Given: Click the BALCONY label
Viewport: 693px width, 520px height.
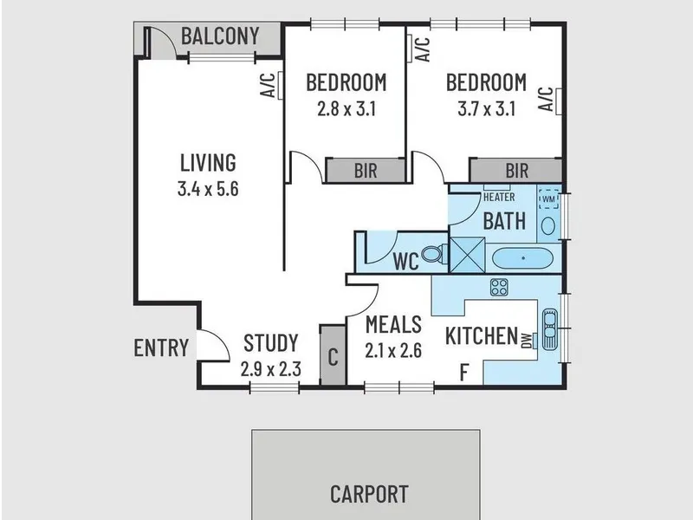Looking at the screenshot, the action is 220,36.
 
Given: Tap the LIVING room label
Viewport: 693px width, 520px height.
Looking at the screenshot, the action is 208,162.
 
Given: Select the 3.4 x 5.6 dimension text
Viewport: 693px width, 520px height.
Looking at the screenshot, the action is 208,189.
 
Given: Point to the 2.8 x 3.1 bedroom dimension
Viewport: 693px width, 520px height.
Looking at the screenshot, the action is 346,108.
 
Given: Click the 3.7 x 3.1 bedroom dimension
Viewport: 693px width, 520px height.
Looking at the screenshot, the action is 487,108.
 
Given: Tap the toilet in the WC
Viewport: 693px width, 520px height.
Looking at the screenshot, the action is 434,254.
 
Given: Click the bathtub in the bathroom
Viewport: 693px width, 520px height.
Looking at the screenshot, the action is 522,258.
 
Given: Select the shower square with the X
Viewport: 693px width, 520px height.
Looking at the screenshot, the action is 467,255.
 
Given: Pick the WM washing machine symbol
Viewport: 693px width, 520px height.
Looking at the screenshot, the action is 548,199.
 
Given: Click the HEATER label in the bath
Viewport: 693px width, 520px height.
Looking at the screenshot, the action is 499,198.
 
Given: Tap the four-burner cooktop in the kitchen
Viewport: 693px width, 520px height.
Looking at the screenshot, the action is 500,287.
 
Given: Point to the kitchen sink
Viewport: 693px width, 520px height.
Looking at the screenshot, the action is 550,329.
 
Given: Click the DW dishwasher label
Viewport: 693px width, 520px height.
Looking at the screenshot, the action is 527,341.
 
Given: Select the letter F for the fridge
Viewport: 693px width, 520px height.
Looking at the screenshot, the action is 464,373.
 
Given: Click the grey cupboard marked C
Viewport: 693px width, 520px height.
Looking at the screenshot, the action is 333,355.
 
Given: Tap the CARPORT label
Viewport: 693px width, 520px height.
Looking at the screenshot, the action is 369,494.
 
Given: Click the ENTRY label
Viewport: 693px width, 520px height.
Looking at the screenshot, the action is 161,348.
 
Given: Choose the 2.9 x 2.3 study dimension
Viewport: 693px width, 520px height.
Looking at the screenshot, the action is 271,369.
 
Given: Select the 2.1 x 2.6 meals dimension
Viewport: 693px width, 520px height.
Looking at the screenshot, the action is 393,350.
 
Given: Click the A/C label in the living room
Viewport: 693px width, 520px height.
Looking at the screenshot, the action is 268,85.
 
